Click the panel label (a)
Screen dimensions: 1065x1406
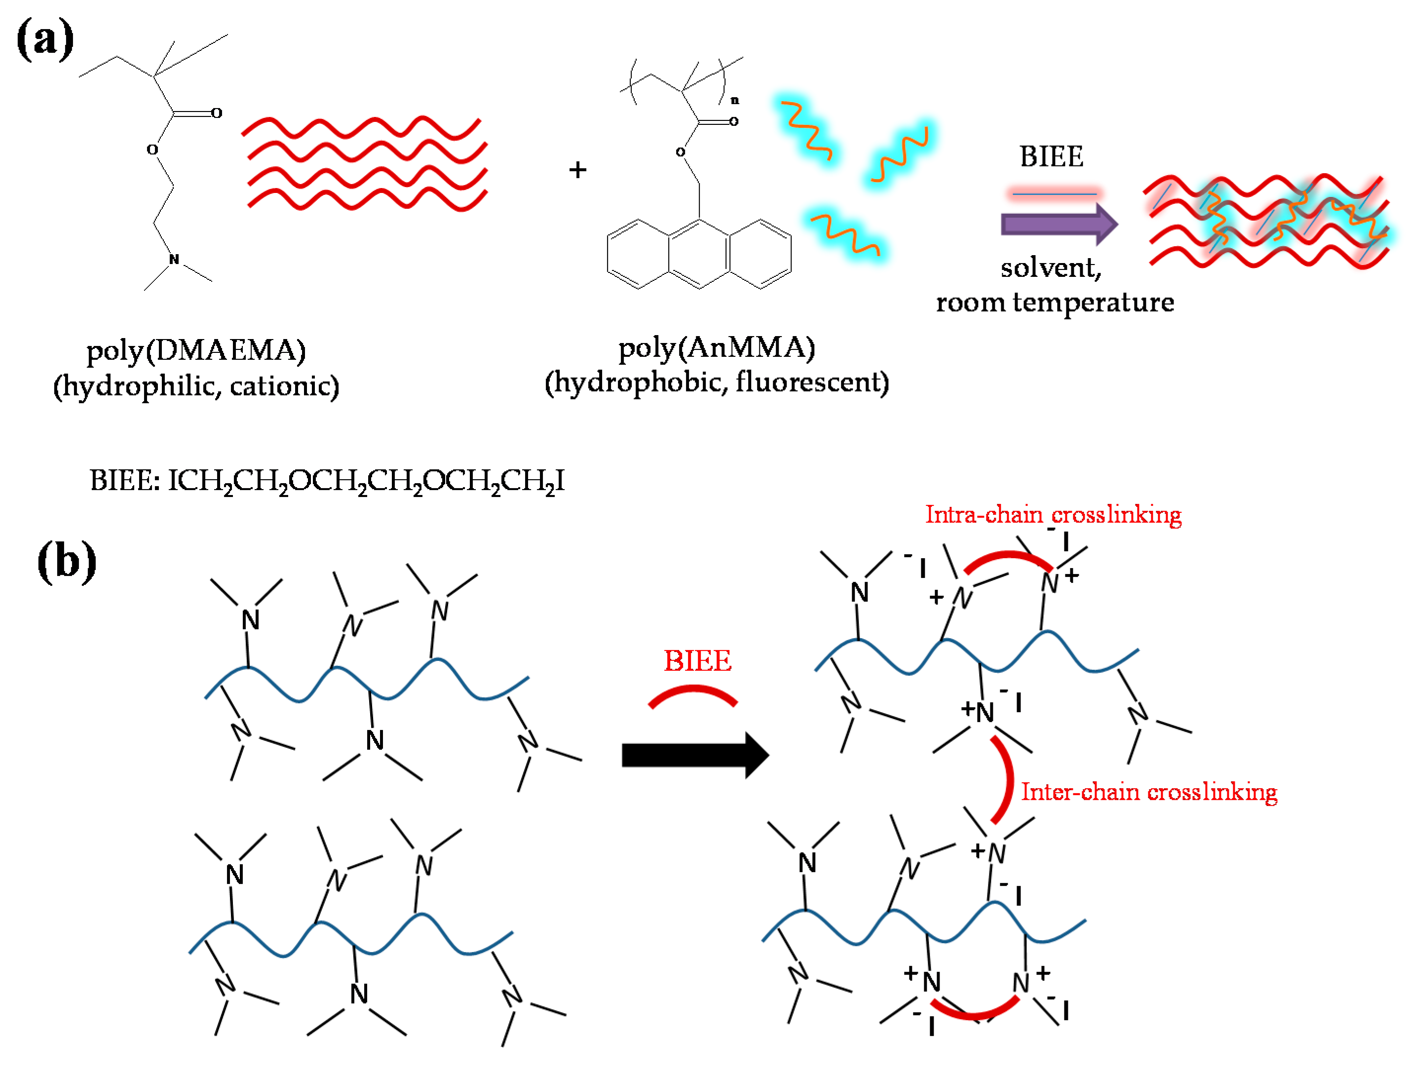44,39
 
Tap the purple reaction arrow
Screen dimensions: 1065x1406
1058,224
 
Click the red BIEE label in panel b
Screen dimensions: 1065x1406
697,661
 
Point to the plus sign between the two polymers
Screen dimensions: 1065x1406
577,170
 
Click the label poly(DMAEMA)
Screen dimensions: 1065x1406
196,350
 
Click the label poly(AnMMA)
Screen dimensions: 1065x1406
717,347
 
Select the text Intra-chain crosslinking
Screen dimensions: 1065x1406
1053,514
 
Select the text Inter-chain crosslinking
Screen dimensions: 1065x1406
1148,792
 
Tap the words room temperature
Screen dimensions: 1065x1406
1055,302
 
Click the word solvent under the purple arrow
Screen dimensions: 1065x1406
1050,267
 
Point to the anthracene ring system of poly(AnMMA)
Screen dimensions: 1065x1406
699,254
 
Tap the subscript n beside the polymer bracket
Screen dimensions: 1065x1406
735,101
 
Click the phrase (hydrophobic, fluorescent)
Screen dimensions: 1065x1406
717,382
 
